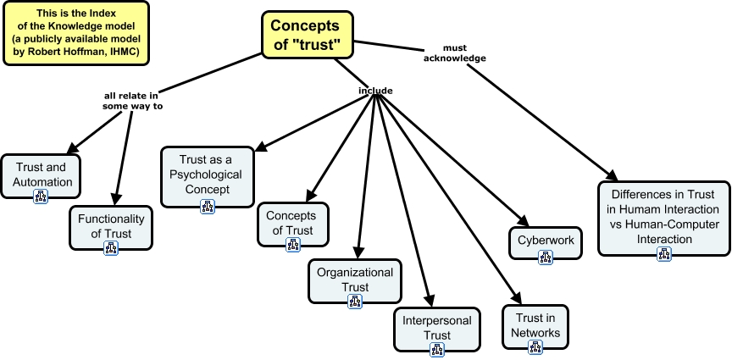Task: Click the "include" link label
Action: (375, 91)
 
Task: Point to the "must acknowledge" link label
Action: (461, 53)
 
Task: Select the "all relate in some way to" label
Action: (127, 102)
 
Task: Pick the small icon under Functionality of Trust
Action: (111, 247)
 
